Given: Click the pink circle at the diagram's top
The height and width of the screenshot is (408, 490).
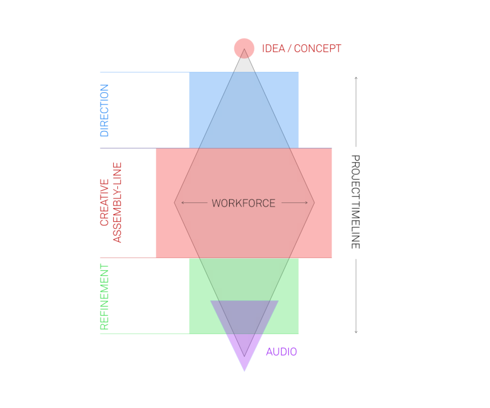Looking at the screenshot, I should (244, 48).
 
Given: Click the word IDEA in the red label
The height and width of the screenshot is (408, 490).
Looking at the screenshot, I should (273, 49).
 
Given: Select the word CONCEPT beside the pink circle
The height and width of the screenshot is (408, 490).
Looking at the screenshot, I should (318, 49).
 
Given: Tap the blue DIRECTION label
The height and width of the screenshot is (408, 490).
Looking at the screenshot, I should (104, 110).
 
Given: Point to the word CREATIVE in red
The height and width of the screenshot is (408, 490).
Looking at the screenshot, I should (104, 202).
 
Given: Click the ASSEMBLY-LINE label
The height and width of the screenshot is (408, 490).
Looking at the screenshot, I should (117, 202).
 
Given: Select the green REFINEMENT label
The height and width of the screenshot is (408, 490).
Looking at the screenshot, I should (104, 297).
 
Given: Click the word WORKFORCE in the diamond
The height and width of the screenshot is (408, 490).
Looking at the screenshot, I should (243, 203).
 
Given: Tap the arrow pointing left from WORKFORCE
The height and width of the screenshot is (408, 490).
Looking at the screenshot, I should (194, 203).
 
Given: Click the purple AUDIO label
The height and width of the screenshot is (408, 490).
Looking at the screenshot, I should (281, 352).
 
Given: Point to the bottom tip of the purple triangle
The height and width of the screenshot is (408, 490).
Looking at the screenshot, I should (245, 370).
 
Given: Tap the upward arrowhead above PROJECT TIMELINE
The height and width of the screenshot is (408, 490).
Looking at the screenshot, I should (356, 78).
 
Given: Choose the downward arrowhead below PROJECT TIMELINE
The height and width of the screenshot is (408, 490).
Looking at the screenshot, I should (356, 332).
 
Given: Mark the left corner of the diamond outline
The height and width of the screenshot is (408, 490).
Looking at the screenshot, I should (175, 203).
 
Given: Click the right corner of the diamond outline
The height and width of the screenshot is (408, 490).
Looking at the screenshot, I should (314, 203).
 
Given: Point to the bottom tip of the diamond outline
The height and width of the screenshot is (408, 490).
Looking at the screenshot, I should (244, 356).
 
